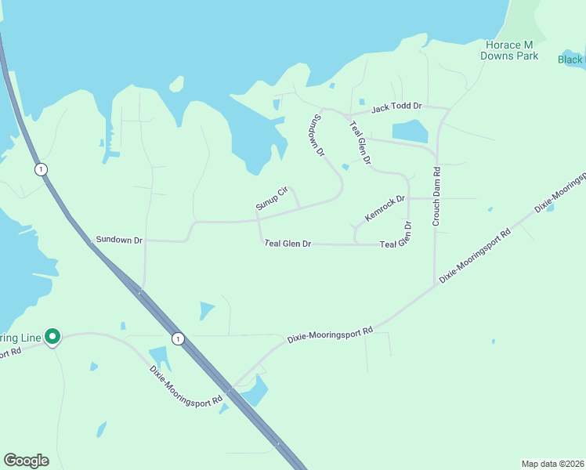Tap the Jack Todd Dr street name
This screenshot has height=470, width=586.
[396, 106]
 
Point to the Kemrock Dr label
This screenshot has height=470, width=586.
[385, 208]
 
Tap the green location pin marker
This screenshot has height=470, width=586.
[52, 336]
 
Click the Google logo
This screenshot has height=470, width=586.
[26, 461]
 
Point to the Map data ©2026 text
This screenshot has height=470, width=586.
[552, 463]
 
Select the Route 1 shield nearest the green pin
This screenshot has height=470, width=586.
[179, 338]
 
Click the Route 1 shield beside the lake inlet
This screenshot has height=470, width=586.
[40, 169]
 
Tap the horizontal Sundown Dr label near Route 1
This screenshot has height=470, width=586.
[118, 238]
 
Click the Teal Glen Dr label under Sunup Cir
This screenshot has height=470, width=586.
[288, 244]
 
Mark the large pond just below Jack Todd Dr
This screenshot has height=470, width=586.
[410, 130]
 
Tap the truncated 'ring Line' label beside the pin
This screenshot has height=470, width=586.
[20, 338]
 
